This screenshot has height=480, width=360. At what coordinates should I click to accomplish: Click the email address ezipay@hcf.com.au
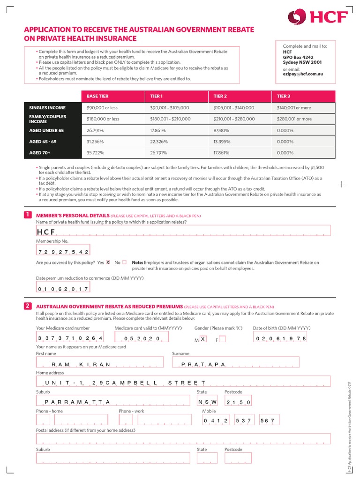(303, 74)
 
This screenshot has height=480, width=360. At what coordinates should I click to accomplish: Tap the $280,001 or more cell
(294, 119)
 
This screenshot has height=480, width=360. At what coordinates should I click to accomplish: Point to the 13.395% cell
(222, 142)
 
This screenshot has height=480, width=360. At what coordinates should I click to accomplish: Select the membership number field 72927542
(63, 252)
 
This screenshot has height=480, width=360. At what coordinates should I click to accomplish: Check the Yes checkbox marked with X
(108, 262)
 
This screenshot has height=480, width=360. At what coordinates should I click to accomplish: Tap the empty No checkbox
(124, 262)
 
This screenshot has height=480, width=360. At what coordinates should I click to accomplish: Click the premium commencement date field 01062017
(63, 289)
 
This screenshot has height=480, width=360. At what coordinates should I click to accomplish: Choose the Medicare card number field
(70, 338)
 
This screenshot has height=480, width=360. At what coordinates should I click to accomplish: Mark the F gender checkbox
(222, 339)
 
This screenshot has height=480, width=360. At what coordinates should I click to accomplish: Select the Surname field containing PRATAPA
(236, 364)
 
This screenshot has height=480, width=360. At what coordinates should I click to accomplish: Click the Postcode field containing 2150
(239, 402)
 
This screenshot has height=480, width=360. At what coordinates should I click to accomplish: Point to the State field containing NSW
(207, 402)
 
